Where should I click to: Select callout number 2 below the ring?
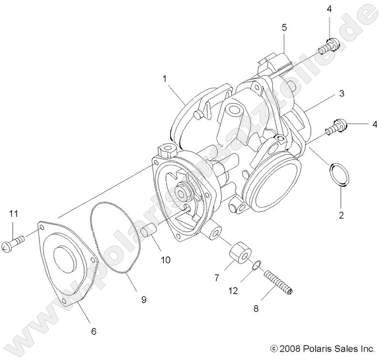coord(341,214)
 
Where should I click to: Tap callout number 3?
coord(341,94)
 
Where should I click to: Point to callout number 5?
coord(284,27)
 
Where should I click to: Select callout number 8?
coord(256,309)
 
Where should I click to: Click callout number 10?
coord(165,260)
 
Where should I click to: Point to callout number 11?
coord(13,213)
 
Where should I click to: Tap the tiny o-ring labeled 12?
coord(257,263)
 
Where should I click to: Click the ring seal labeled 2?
coord(339,174)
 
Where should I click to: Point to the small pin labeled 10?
coord(147,231)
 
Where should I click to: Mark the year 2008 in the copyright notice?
coord(289,349)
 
